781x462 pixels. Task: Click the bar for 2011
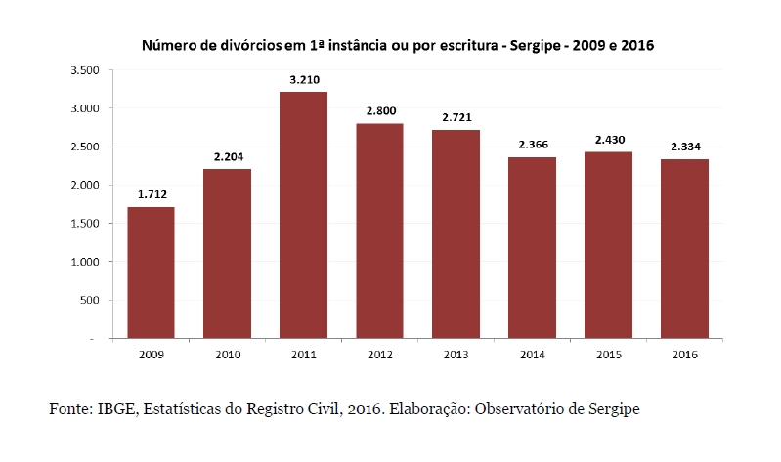click(303, 215)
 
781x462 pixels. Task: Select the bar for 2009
click(151, 273)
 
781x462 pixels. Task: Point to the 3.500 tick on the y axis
click(86, 70)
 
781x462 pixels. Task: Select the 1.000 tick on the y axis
click(86, 262)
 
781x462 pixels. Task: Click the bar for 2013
click(456, 234)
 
